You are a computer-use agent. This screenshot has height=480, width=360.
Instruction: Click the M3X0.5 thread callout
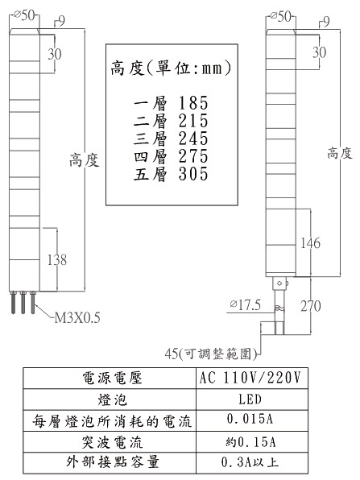77,318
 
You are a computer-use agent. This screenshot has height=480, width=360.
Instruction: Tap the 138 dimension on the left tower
57,259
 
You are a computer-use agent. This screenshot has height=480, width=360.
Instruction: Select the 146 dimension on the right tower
310,242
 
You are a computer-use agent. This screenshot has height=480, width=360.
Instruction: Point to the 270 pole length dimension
310,306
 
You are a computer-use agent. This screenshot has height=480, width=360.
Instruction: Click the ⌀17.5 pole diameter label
246,305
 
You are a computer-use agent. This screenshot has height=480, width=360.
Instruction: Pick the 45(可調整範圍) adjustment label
211,354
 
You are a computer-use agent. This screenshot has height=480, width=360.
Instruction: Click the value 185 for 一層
193,103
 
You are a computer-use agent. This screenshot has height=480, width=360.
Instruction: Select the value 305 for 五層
193,174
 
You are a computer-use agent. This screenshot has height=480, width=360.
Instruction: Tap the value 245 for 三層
193,139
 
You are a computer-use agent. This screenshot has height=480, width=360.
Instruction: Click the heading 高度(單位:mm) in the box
171,68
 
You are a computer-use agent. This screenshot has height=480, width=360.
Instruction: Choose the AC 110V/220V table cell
250,378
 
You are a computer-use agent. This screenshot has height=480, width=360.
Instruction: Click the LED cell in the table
250,399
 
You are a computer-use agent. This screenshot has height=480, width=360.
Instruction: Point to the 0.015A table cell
250,419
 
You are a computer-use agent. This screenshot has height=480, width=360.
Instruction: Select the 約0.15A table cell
250,441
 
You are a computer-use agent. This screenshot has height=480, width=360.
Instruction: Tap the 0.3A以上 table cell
250,462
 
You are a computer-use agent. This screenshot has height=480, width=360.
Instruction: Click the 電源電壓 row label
112,378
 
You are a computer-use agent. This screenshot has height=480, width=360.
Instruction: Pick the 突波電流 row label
112,442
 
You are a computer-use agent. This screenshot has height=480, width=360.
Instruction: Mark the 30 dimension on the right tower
319,52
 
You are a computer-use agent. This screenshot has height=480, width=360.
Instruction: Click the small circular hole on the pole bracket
279,283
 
